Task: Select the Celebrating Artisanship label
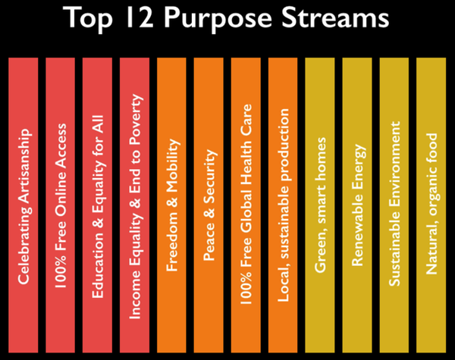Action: tap(24, 206)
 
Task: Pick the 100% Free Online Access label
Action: tap(61, 206)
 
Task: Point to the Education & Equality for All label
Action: tap(98, 207)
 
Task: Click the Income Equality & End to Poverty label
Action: tap(135, 207)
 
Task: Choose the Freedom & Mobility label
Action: tap(172, 205)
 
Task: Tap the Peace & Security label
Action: tap(209, 205)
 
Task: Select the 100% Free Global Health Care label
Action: tap(246, 204)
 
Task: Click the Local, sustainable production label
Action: tap(284, 205)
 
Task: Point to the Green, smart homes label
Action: tap(321, 205)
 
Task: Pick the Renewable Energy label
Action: tap(358, 205)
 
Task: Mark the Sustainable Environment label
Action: tap(394, 204)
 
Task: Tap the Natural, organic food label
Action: tap(432, 204)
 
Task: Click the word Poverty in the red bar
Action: tap(136, 119)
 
